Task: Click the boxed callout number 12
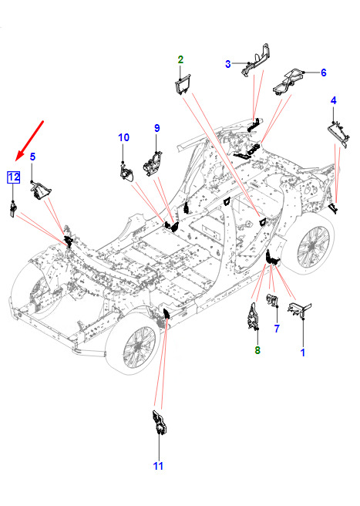14,177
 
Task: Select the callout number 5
32,157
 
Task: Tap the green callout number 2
180,59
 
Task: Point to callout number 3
228,64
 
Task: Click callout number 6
324,73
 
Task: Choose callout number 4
334,100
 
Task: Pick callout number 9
156,128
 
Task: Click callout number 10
123,137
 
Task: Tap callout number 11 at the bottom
158,466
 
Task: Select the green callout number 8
257,350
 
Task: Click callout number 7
277,329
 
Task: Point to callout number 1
303,353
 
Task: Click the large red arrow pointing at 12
29,140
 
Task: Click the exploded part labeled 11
160,423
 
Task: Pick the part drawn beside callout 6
288,82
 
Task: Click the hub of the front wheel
138,348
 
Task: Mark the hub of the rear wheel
312,246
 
